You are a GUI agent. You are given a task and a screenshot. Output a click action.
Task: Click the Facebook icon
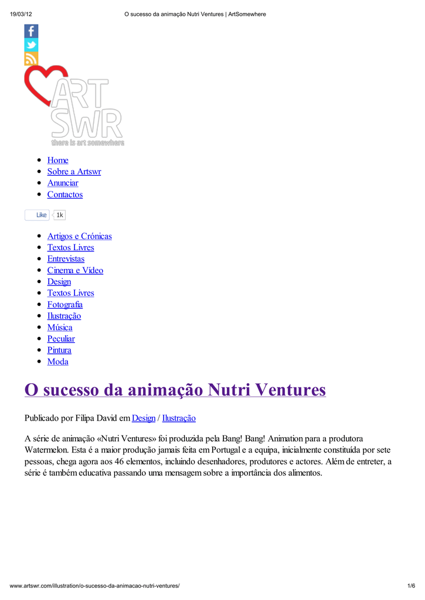(31, 31)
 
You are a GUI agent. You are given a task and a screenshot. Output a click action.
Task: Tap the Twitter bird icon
(31, 45)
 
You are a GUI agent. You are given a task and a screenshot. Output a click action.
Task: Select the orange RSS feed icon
(31, 59)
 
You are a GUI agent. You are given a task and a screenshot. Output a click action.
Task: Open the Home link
(57, 160)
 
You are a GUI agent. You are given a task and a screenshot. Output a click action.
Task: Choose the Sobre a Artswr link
(74, 172)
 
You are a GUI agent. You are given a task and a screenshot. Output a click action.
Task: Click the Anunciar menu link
(63, 183)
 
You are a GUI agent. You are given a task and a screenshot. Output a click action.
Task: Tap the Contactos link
(65, 195)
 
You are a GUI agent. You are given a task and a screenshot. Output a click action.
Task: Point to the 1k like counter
(60, 215)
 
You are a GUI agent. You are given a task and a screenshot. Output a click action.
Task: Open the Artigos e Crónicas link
(79, 236)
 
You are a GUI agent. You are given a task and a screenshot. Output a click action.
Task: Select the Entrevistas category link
(66, 259)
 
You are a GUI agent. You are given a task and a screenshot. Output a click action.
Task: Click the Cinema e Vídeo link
(75, 270)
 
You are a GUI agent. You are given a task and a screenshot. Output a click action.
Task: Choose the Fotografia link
(65, 305)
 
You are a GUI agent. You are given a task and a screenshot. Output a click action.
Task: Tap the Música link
(60, 328)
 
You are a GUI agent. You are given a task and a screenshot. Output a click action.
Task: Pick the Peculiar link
(61, 339)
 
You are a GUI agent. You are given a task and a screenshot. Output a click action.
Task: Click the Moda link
(57, 362)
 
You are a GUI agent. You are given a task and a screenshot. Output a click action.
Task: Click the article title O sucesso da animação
(175, 390)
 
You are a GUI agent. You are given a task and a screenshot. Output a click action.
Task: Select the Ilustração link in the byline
(179, 418)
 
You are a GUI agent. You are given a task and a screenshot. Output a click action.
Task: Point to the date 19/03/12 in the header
(21, 14)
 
